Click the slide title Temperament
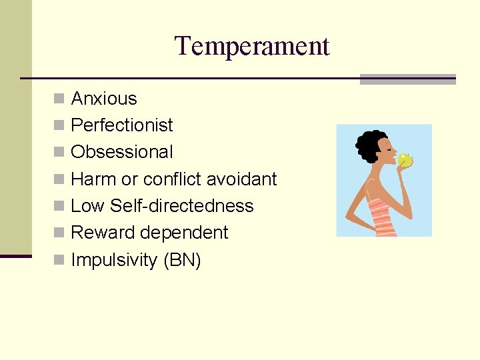click(x=252, y=47)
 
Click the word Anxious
click(x=103, y=99)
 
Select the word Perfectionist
click(x=121, y=125)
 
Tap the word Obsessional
click(x=121, y=152)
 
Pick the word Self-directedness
click(x=181, y=206)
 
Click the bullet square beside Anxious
click(x=59, y=99)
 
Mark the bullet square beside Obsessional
click(x=59, y=152)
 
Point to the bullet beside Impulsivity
click(x=59, y=259)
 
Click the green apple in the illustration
click(x=404, y=159)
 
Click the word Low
click(x=87, y=206)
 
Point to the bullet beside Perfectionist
click(x=59, y=125)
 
